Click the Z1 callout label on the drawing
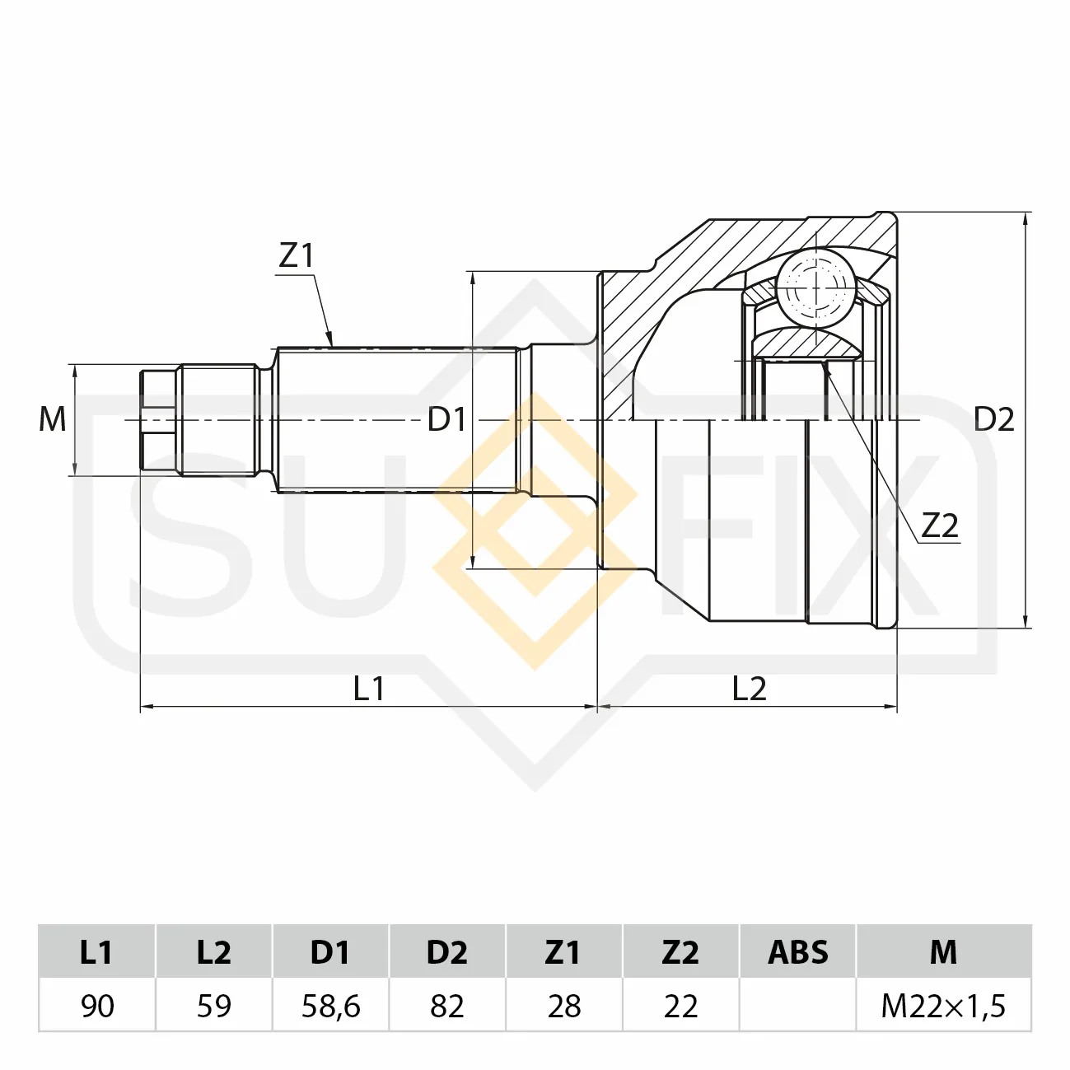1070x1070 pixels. (297, 256)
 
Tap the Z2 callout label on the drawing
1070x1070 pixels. (940, 526)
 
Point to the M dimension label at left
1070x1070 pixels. (53, 419)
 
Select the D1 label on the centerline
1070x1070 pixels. (446, 420)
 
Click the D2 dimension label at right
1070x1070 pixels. (994, 420)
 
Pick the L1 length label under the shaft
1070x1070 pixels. (369, 689)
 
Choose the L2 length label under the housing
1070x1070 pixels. (749, 689)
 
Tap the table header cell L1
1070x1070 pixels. (96, 951)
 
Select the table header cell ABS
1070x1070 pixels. (798, 951)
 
